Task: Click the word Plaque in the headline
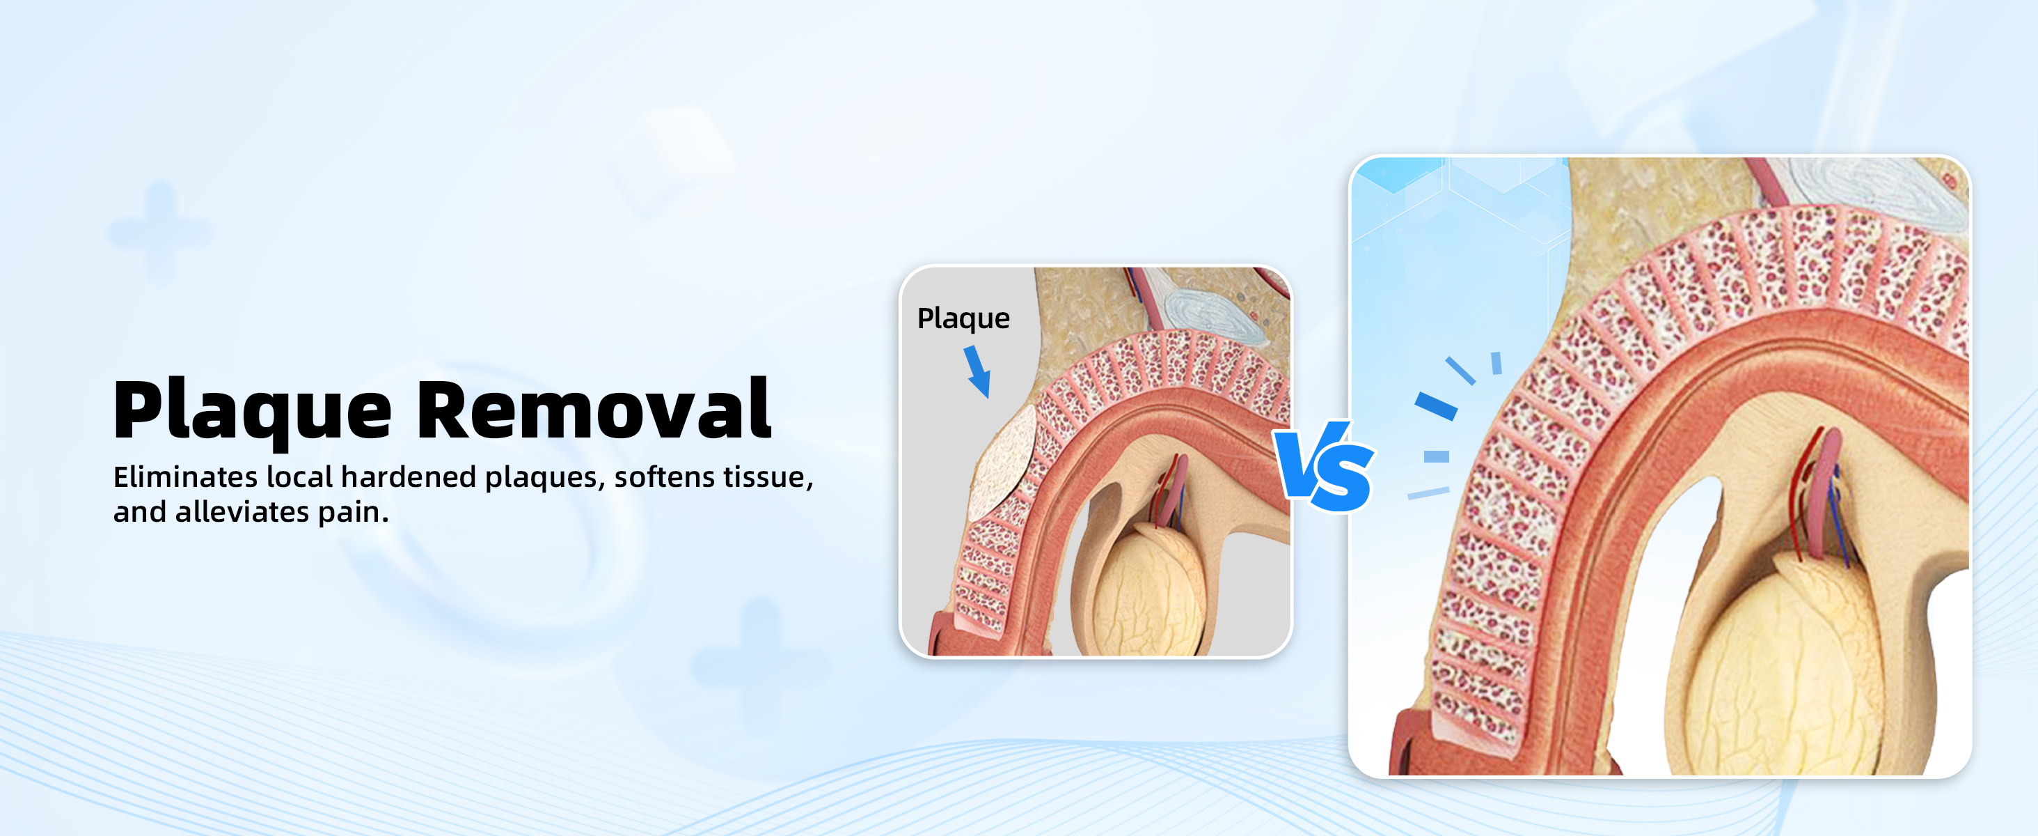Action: tap(253, 410)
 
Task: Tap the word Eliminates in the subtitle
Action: tap(185, 477)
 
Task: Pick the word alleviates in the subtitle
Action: tap(242, 511)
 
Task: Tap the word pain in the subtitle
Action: tap(353, 513)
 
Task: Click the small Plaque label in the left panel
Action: tap(963, 319)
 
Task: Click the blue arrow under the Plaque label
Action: tap(978, 371)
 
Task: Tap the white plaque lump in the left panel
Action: tap(1001, 464)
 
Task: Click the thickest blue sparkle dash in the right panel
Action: tap(1436, 405)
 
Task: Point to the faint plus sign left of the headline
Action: tap(161, 232)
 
